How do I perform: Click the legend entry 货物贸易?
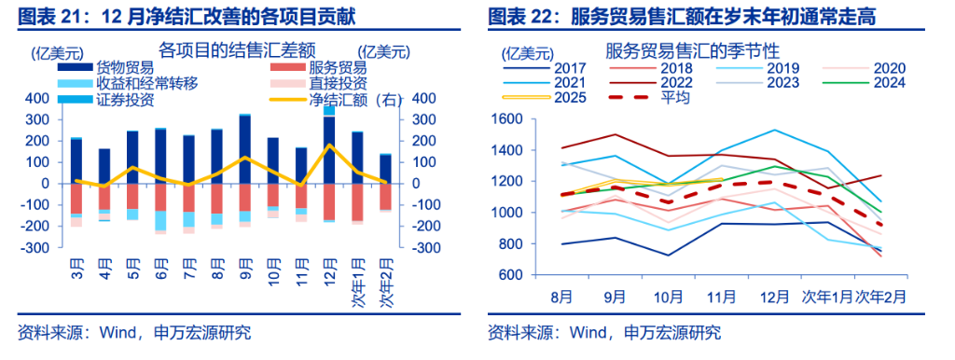[127, 68]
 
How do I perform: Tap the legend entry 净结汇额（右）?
[353, 101]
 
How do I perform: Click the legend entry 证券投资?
[126, 101]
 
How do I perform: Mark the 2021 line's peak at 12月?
[773, 130]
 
